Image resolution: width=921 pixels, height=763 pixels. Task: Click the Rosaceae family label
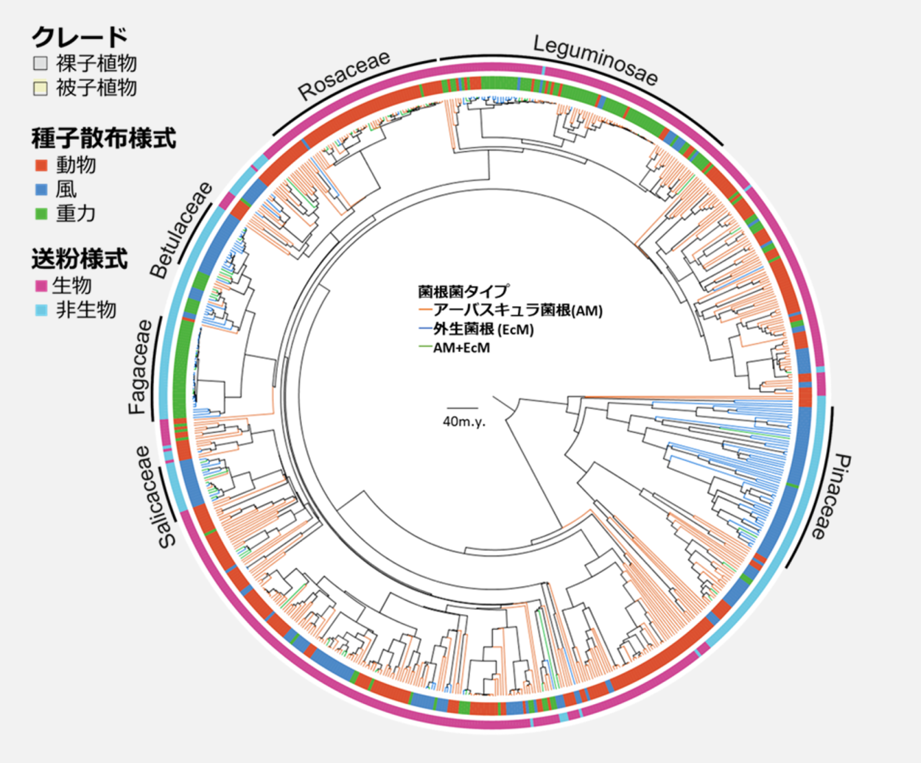click(344, 75)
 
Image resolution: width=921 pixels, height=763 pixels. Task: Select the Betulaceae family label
click(181, 230)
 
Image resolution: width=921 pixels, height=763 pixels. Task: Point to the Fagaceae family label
click(140, 367)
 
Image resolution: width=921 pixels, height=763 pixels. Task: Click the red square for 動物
click(41, 166)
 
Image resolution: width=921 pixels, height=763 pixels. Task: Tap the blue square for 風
click(41, 190)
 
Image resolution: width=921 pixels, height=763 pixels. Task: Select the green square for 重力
click(41, 214)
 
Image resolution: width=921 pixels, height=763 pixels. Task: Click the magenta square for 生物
click(41, 286)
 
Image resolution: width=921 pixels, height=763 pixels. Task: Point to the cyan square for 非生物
click(41, 311)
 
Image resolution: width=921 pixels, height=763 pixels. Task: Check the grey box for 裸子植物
click(41, 63)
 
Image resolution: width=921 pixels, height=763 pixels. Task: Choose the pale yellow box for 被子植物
click(41, 88)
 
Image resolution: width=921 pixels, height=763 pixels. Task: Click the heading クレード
click(80, 37)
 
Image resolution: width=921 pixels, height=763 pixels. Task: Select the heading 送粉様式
click(80, 259)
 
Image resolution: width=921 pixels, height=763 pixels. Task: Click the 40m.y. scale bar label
click(464, 421)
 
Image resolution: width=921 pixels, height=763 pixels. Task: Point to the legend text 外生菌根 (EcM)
click(483, 329)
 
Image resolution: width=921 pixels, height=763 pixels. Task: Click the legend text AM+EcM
click(461, 348)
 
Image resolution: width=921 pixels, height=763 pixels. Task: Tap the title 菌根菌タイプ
click(463, 292)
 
